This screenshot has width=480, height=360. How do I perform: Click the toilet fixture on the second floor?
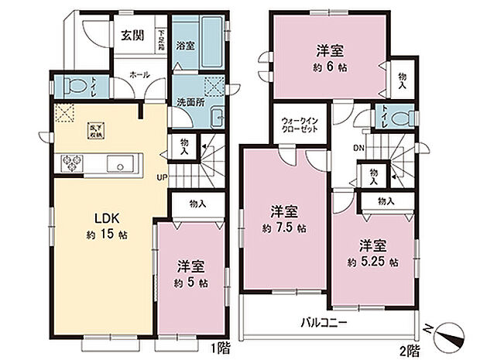[399, 118]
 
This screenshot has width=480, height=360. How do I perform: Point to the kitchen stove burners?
[74, 163]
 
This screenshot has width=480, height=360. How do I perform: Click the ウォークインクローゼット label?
[298, 127]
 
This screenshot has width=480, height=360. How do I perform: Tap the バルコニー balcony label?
[324, 324]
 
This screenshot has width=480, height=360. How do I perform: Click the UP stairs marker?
[163, 177]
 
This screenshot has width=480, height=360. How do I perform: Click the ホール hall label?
[140, 75]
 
